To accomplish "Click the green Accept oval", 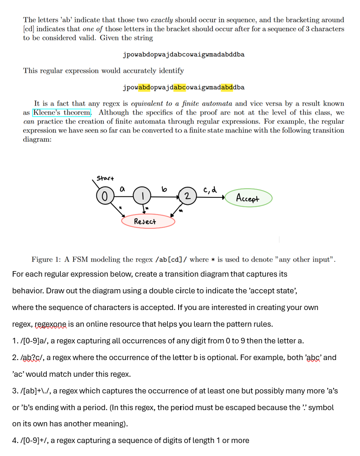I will [248, 199].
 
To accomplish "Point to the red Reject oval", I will [148, 222].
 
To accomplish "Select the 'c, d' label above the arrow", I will [207, 189].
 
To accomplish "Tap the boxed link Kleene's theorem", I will [62, 113].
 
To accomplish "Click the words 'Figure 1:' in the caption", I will [45, 260].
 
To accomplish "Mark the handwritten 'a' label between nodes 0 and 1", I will [123, 190].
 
